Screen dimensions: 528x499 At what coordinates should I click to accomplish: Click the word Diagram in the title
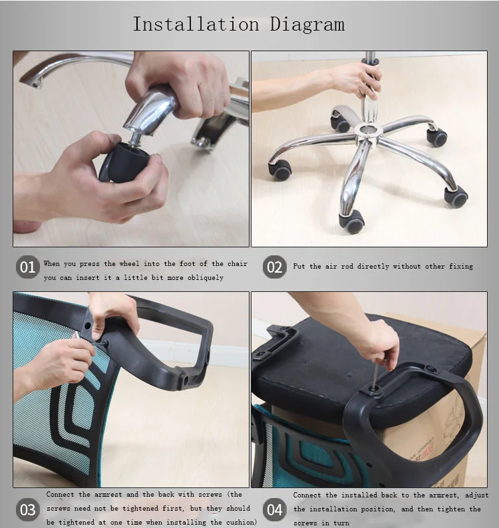tap(307, 25)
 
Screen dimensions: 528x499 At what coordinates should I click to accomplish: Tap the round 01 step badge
tap(27, 267)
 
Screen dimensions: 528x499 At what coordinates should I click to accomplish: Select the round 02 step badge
tap(274, 267)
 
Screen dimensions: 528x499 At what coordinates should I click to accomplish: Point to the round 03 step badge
tap(27, 510)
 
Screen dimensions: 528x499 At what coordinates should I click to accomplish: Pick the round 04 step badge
tap(274, 510)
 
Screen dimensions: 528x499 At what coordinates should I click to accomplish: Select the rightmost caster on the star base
tap(456, 197)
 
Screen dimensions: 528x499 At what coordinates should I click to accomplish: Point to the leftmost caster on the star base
tap(280, 170)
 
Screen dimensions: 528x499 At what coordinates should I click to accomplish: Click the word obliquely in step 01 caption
tap(202, 277)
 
